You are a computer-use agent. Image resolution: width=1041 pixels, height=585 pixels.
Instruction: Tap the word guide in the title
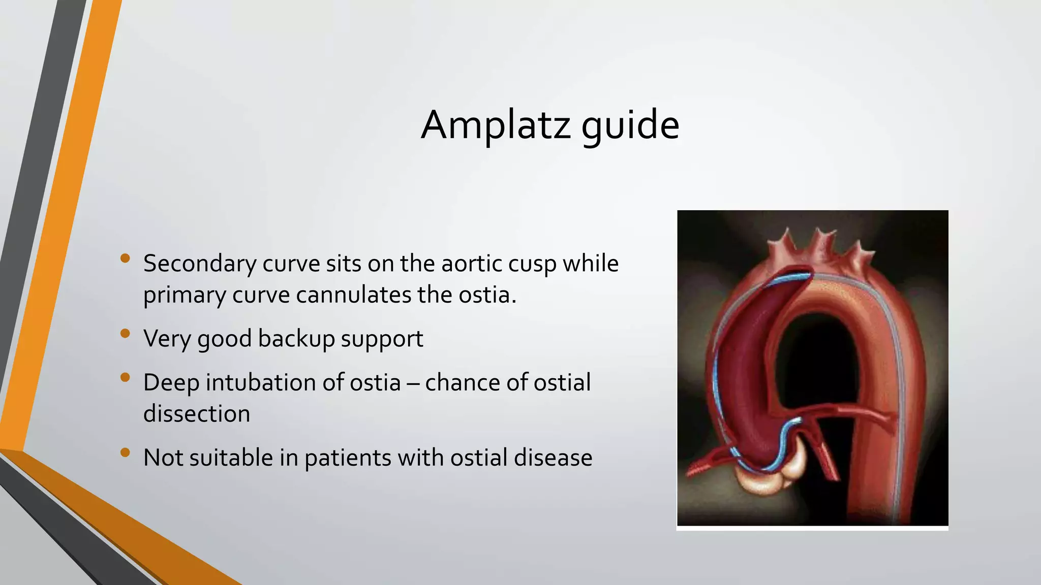tap(630, 126)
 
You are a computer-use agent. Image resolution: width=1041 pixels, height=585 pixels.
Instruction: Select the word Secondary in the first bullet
tap(200, 264)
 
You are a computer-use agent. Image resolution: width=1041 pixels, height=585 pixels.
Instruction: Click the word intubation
tap(261, 382)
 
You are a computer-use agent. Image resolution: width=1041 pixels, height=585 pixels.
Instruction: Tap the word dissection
tap(197, 414)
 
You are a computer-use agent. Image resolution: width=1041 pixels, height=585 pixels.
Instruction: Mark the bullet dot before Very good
tap(125, 334)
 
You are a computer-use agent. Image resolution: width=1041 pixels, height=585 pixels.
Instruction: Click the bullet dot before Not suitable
tap(125, 452)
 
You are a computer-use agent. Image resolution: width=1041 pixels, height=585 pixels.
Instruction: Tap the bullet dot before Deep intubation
tap(125, 377)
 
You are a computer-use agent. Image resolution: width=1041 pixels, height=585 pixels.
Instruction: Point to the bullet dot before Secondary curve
tap(125, 258)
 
